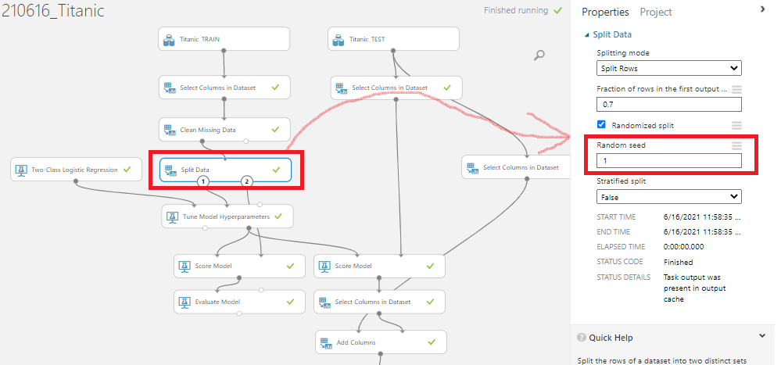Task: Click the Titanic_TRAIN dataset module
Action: point(224,38)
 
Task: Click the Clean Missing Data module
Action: point(224,130)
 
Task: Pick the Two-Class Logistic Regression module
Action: point(76,169)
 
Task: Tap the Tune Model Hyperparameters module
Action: point(227,216)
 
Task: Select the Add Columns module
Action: point(381,342)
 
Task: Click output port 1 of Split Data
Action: point(202,181)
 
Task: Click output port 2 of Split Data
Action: point(247,181)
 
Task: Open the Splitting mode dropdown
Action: point(668,68)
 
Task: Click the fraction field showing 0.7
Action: point(668,104)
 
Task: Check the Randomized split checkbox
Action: point(601,125)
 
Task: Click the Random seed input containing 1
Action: point(668,160)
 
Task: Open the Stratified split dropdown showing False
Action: point(668,196)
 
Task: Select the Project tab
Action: point(656,12)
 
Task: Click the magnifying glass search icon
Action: point(539,55)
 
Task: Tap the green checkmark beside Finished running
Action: point(557,11)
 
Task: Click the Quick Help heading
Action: point(611,338)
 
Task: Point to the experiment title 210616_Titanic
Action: point(52,13)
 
